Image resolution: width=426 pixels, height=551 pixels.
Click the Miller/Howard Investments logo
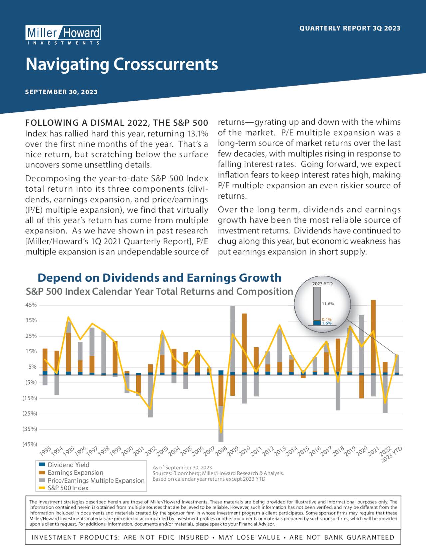coord(63,35)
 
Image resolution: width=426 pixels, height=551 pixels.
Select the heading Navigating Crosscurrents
coord(122,64)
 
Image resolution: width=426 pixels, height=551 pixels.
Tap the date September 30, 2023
coord(61,92)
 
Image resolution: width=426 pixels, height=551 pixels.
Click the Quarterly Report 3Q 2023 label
coord(350,28)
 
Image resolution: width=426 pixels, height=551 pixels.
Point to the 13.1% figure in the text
coord(198,134)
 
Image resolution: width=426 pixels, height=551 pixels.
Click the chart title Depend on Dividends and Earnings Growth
coord(159,277)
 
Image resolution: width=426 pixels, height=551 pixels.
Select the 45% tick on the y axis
coord(31,305)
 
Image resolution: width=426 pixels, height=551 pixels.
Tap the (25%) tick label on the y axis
coord(30,414)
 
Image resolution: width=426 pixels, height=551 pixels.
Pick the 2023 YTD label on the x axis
coord(392,455)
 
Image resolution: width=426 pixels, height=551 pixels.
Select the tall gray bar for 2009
coord(232,339)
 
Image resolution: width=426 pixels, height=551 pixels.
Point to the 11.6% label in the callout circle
coord(328,304)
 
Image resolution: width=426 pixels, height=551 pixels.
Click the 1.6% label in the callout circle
coord(327,323)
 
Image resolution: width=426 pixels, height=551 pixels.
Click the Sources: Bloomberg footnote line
coord(218,473)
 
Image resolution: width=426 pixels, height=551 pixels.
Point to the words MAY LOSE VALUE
coord(249,538)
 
